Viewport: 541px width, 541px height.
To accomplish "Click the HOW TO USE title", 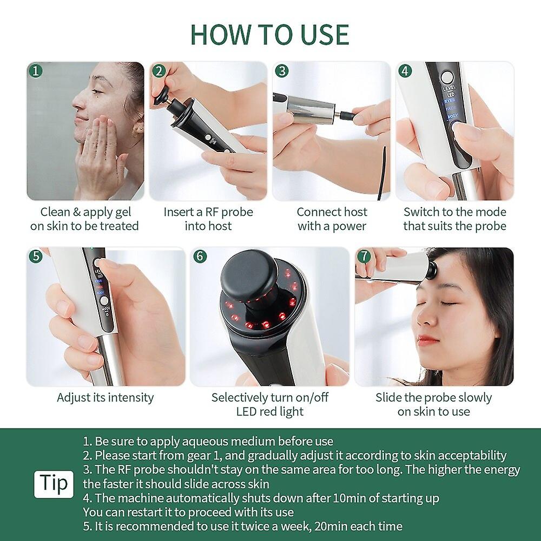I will [x=269, y=34].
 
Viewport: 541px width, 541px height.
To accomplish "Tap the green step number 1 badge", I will [x=36, y=71].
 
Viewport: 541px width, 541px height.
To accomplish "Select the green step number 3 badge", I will [x=281, y=71].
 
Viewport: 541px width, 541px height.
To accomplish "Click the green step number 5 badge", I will [x=36, y=256].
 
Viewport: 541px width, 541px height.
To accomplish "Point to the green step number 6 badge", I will [x=200, y=256].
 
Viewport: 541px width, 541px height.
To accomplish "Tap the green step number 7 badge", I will [x=364, y=256].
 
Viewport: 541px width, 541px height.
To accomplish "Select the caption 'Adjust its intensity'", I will [x=105, y=398].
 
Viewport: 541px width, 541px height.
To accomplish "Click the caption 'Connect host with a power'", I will [x=332, y=219].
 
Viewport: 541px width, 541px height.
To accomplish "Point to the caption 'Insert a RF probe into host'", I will [x=208, y=219].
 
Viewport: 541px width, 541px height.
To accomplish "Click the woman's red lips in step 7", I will [x=427, y=341].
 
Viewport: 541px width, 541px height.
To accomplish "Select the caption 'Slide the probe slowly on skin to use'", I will [x=434, y=404].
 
